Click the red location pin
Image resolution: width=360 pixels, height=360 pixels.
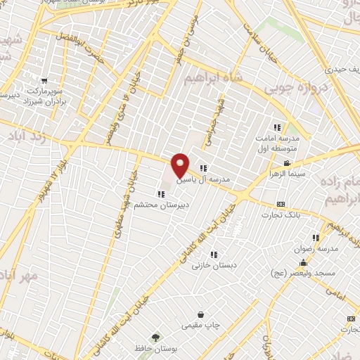coord(180,165)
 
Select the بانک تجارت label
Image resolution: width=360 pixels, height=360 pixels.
coord(298,215)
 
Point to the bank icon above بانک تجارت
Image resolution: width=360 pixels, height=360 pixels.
coord(281,205)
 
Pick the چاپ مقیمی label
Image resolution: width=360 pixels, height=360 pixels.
coord(201,326)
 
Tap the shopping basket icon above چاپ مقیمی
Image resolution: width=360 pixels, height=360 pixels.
coord(201,314)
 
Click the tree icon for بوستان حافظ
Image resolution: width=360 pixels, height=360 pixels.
coord(156,338)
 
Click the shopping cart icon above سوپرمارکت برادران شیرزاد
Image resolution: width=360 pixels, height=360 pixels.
coord(44,80)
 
